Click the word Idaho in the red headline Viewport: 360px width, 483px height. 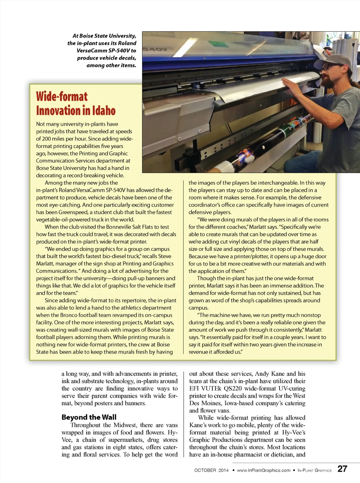point(104,111)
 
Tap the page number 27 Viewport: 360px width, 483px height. point(342,469)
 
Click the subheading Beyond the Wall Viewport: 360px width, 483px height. point(89,417)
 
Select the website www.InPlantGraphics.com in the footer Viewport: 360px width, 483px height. point(264,470)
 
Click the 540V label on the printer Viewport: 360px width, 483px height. point(154,50)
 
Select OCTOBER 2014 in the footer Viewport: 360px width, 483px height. point(211,470)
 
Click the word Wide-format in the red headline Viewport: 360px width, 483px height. point(62,96)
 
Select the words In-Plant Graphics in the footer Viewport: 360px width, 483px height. point(314,470)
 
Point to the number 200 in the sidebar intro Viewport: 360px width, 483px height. point(46,139)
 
